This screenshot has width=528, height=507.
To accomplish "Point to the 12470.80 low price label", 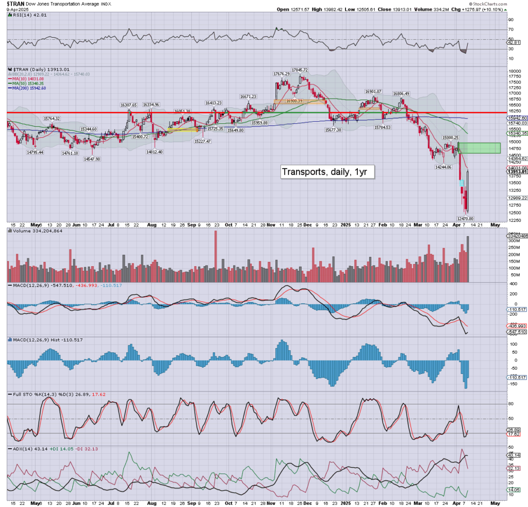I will [x=465, y=219].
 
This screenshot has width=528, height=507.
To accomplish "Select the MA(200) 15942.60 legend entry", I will [x=30, y=88].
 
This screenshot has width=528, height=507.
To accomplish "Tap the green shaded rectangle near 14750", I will [x=479, y=148].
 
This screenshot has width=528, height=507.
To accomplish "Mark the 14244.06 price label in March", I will [x=443, y=167].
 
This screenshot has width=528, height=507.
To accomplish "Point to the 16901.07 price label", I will [x=372, y=91].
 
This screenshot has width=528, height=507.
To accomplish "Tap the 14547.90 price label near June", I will [x=92, y=159].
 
